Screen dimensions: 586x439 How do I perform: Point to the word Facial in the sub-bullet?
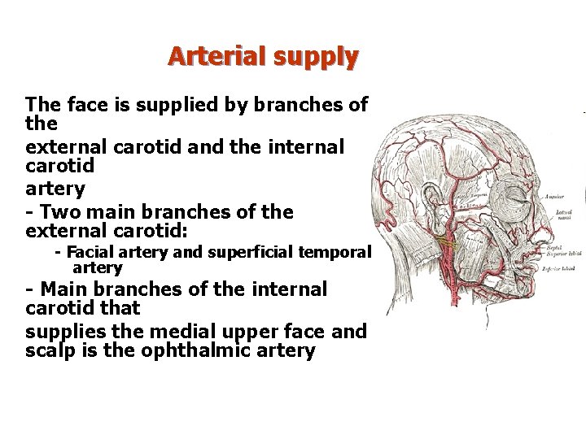(96, 252)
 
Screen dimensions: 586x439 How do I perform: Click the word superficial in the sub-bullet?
(252, 252)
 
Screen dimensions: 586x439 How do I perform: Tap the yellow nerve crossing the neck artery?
(446, 241)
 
